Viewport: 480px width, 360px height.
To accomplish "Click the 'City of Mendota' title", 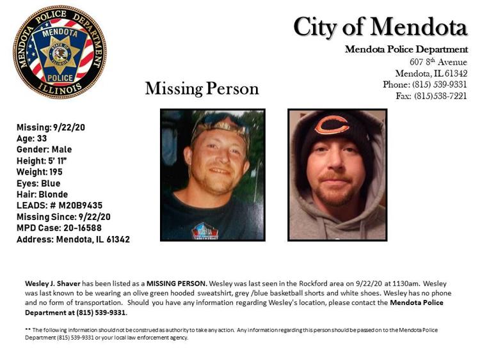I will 380,27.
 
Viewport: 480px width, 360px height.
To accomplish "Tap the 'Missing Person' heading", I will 202,88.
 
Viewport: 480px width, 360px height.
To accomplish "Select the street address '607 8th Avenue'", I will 438,62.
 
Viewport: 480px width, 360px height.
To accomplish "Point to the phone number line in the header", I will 425,84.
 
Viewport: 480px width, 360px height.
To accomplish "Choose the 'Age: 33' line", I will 32,138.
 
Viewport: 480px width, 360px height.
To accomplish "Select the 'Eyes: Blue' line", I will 38,184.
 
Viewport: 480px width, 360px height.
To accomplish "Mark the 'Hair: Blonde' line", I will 42,194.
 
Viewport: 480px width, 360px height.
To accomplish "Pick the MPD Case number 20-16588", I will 79,228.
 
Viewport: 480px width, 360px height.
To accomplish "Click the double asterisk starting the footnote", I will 28,329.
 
